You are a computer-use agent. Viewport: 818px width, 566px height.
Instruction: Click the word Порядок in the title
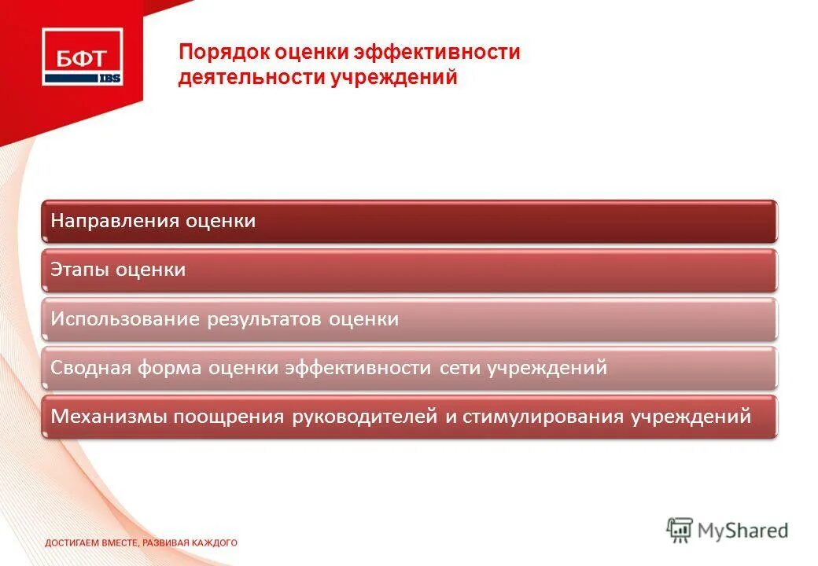click(223, 53)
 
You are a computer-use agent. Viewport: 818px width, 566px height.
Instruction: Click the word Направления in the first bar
click(115, 221)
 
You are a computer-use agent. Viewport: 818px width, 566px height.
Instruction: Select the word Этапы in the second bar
click(80, 270)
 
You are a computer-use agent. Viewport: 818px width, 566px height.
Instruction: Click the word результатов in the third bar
click(265, 319)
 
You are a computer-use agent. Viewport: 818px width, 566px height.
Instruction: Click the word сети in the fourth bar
click(457, 367)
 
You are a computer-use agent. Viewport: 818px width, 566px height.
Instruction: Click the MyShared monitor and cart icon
click(680, 531)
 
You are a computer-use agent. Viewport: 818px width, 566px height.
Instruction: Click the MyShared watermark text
click(743, 531)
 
